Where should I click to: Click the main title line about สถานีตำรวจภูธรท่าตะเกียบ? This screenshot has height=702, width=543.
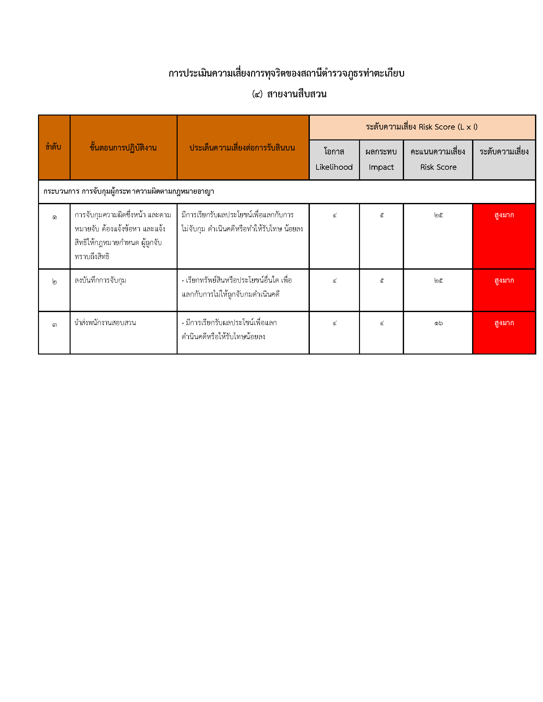[286, 73]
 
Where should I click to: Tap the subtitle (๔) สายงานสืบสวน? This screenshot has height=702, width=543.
[289, 94]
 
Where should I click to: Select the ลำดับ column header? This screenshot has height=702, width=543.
[54, 147]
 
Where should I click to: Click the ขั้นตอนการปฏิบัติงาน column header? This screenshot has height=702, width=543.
[123, 148]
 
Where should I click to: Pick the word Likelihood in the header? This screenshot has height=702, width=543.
[334, 167]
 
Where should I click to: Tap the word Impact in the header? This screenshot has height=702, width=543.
[381, 167]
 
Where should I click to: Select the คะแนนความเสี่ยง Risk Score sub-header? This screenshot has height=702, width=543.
[438, 160]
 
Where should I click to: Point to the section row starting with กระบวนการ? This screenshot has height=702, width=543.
[129, 191]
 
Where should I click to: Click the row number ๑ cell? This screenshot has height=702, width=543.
[54, 218]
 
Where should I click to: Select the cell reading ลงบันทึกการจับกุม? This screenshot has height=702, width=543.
[100, 280]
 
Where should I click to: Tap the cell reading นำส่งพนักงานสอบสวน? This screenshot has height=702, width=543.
[105, 323]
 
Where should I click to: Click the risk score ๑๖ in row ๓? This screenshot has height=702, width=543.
[438, 323]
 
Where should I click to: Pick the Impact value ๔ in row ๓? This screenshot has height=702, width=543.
[382, 323]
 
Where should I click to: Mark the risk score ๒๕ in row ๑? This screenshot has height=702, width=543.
[438, 215]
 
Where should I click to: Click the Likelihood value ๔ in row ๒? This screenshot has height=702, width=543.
[334, 281]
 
